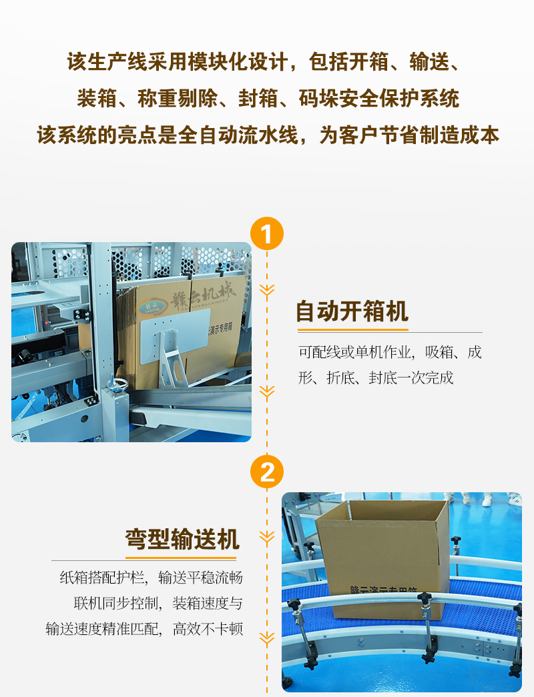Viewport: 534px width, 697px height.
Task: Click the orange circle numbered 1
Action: coord(266,233)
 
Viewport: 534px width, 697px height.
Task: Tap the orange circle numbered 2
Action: coord(266,472)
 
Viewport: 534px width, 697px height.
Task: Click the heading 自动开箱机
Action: coord(352,311)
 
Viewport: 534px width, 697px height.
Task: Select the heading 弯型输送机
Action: coord(182,539)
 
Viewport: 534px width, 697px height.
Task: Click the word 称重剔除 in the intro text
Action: coord(178,99)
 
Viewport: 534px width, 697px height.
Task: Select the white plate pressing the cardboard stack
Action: coord(175,334)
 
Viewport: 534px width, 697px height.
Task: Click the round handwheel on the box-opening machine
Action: coord(117,385)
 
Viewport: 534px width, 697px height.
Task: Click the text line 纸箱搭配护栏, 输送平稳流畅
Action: coord(152,578)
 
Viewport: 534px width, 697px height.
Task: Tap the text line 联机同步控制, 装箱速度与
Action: coord(158,603)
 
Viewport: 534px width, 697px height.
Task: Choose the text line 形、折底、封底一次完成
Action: coord(376,378)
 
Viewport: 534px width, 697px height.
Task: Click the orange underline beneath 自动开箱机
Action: coord(353,330)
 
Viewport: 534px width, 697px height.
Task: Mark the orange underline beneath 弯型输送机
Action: coord(181,558)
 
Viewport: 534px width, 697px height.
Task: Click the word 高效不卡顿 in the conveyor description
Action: coord(208,629)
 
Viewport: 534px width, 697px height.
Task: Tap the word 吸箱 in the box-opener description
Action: coord(439,352)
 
